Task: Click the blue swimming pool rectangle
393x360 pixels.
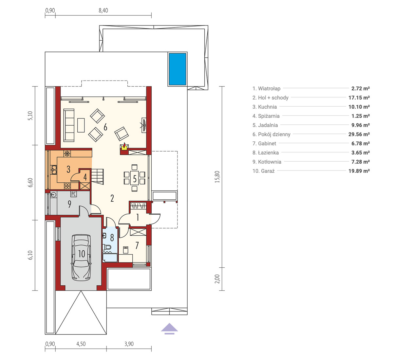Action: click(177, 69)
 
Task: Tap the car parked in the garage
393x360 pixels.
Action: click(81, 258)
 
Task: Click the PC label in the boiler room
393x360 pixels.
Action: click(73, 194)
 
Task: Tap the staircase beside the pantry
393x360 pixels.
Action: click(98, 176)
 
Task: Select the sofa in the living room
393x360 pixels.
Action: click(69, 125)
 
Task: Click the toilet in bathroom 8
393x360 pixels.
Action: click(107, 247)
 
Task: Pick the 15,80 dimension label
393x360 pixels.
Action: click(217, 177)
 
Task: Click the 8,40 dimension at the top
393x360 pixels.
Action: click(103, 10)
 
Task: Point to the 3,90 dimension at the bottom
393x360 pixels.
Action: click(129, 344)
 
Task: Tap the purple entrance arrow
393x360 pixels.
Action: click(169, 328)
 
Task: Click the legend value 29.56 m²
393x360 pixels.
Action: click(359, 134)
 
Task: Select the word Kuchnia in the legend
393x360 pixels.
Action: click(267, 107)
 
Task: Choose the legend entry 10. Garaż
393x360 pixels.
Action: click(263, 171)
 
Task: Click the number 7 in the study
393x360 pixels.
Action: click(137, 245)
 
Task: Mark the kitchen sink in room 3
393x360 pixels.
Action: click(54, 170)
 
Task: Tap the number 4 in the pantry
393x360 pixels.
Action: click(85, 177)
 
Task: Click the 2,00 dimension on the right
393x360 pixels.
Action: click(217, 279)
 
